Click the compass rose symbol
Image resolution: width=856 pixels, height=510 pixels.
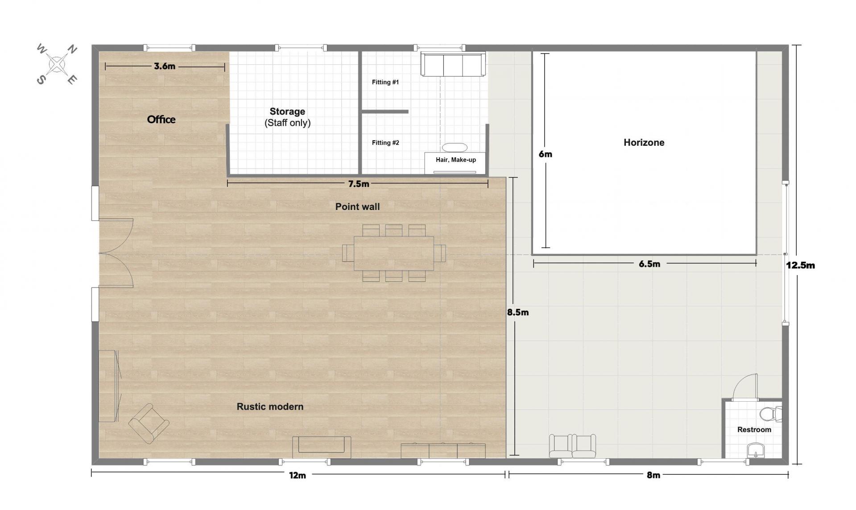click(57, 65)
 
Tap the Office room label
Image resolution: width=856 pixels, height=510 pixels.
click(161, 119)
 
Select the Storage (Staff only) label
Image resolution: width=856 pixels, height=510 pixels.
click(287, 117)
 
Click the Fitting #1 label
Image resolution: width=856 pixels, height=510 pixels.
click(385, 82)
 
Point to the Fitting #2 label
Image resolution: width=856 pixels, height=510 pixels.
click(385, 143)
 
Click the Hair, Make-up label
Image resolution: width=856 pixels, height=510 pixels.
click(456, 160)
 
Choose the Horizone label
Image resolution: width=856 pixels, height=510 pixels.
click(644, 143)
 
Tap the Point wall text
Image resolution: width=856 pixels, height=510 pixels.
click(357, 206)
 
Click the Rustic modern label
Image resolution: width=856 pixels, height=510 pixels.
click(270, 407)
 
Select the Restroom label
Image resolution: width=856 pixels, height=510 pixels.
click(754, 430)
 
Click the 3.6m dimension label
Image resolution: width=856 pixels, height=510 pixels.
click(165, 66)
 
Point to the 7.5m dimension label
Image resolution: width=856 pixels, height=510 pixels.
click(359, 184)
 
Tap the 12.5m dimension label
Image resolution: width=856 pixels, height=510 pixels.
click(800, 265)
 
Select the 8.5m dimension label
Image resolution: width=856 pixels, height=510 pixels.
click(518, 313)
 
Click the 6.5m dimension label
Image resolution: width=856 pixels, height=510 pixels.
click(649, 264)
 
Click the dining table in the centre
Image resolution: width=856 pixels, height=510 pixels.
click(394, 253)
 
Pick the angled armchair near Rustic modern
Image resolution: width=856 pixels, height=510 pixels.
click(149, 424)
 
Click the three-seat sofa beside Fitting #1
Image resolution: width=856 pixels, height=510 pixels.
click(453, 65)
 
